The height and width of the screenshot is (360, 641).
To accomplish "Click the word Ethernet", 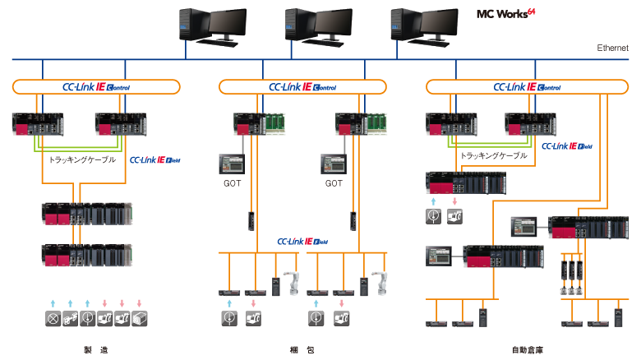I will (x=612, y=48).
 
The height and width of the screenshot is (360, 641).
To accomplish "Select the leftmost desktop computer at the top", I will (x=211, y=24).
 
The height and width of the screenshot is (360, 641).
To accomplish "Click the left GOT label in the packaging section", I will (x=232, y=183).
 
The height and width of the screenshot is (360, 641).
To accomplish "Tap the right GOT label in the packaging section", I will (x=334, y=183).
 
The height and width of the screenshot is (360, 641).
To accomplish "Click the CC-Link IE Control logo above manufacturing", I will (x=96, y=86).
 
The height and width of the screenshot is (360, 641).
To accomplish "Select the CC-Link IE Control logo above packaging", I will (x=303, y=86).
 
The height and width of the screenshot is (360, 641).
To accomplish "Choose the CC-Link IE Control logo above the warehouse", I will (x=528, y=86).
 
